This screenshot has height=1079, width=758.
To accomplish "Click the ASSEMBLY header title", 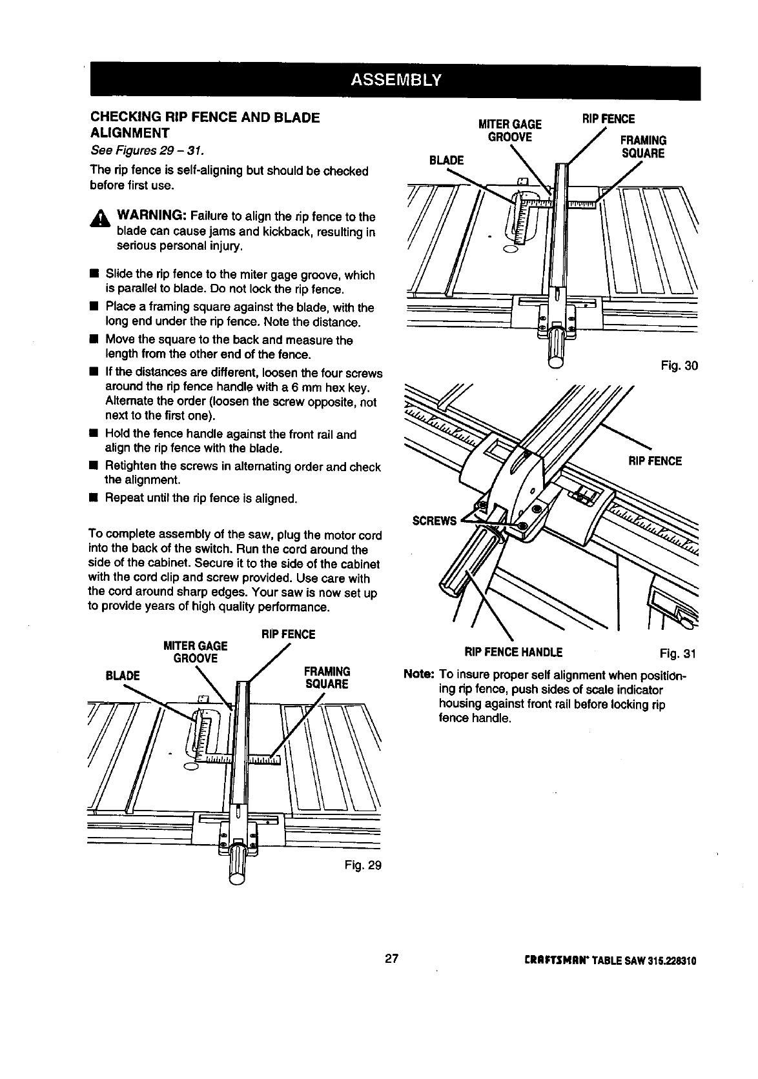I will point(395,80).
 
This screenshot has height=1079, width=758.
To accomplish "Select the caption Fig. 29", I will point(365,864).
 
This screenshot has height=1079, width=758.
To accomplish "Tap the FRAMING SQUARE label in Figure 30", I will point(642,147).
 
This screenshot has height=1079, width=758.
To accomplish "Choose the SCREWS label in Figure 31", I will point(435,521).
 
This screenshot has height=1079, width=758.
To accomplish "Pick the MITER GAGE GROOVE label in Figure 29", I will point(196,652).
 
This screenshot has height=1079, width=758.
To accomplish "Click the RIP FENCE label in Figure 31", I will point(655,461).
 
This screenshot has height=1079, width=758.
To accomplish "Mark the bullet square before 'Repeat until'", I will point(93,499).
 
